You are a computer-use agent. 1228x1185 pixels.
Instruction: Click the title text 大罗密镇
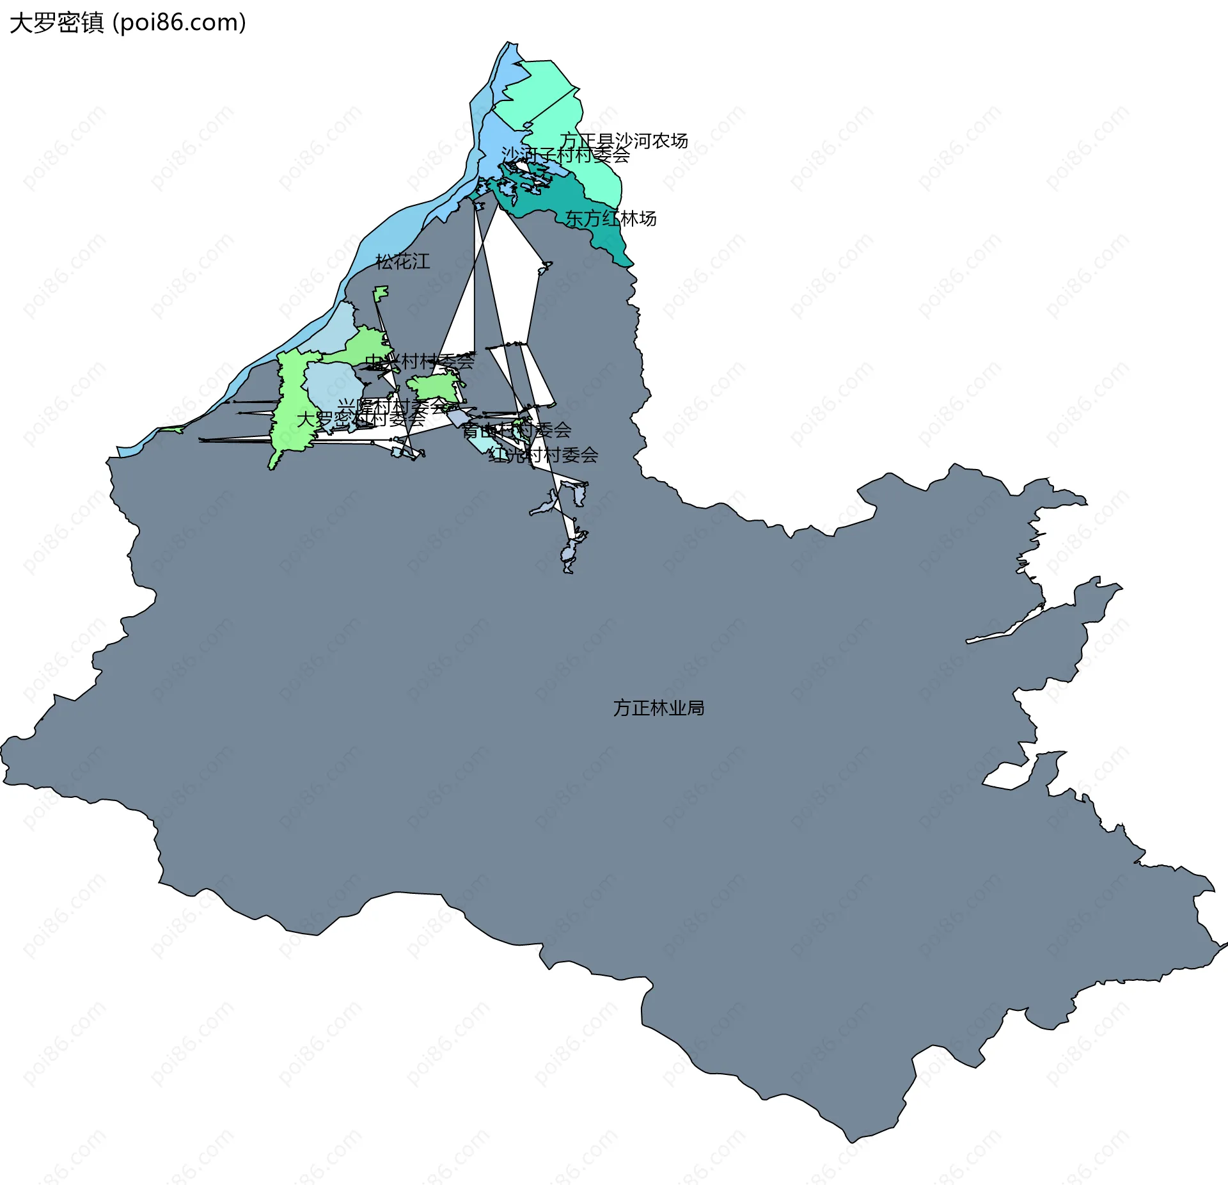coord(56,23)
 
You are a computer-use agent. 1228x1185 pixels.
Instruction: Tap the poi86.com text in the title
coord(179,23)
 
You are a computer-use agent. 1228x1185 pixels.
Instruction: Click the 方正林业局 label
coord(658,708)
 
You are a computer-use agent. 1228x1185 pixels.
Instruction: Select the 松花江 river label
coord(402,261)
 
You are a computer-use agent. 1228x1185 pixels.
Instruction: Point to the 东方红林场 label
coord(611,219)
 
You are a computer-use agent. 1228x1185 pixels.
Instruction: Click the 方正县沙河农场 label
coord(624,141)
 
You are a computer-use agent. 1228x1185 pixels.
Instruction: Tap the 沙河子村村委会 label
coord(565,155)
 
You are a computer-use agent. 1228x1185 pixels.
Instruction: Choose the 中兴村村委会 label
coord(420,362)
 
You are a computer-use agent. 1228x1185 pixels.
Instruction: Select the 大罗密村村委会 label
coord(361,419)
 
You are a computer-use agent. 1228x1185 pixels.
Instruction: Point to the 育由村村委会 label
coord(516,430)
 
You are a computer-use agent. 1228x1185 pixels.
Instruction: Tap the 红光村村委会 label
coord(543,455)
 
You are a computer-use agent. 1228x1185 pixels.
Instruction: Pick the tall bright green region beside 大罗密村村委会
coord(291,410)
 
